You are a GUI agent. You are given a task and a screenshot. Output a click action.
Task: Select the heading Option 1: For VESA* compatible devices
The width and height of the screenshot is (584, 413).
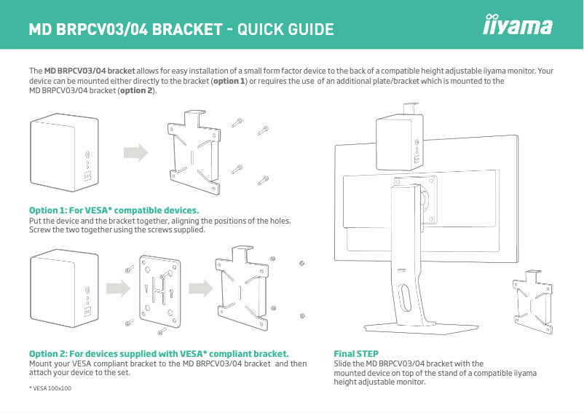[114, 211]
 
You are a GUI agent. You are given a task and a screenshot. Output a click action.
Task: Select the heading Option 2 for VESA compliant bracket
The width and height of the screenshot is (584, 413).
[158, 354]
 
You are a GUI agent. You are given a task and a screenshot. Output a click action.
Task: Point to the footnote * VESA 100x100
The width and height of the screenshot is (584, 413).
[50, 388]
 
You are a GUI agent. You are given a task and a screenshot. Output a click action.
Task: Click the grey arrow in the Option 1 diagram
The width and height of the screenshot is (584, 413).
[135, 153]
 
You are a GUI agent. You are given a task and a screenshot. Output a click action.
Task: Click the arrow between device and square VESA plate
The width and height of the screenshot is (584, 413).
[115, 286]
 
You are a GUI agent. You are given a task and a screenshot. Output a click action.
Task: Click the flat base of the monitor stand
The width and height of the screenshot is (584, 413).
[408, 329]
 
